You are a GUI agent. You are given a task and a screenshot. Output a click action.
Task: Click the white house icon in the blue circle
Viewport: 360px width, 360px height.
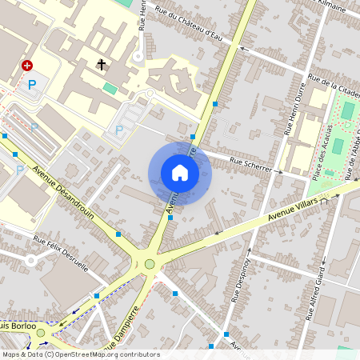179,173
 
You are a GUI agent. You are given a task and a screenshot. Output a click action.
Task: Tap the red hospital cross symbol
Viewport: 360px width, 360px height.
27,66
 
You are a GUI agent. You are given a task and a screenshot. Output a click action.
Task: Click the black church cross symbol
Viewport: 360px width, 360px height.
102,63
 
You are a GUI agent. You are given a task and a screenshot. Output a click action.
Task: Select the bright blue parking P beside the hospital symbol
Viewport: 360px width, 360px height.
32,83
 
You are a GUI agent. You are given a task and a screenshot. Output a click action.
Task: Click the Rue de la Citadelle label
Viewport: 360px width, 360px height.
334,86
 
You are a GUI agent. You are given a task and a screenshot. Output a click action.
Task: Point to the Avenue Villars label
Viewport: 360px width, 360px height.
293,210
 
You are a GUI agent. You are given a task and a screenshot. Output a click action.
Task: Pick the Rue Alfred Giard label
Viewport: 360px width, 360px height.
314,293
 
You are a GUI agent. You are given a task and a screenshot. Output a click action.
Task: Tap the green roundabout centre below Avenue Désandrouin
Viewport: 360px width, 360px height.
150,264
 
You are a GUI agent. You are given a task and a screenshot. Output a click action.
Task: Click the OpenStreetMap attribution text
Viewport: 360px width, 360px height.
81,354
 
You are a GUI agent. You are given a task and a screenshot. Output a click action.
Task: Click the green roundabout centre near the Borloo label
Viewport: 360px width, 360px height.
41,332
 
